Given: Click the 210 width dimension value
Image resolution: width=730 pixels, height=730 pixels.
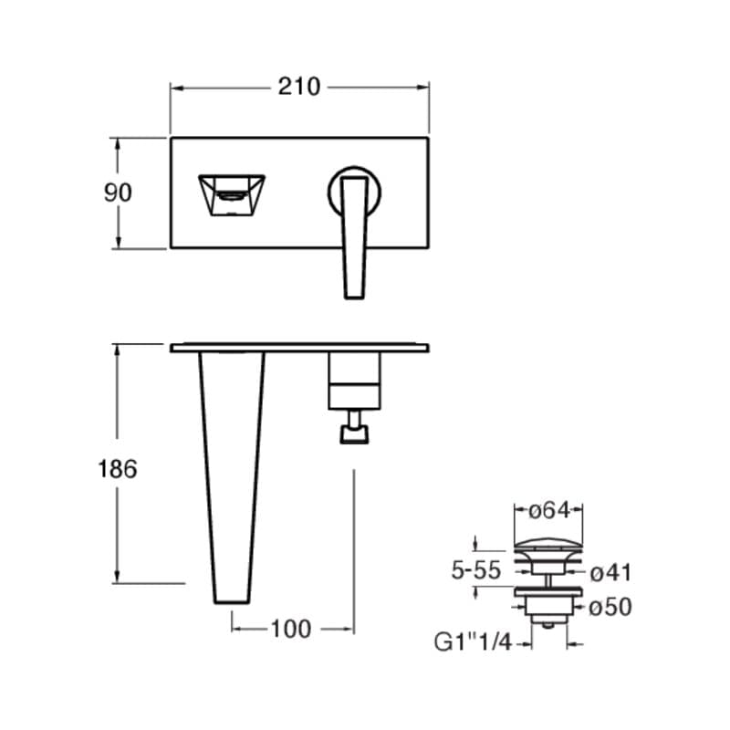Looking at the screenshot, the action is (299, 87).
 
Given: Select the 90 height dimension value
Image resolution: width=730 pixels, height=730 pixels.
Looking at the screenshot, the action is (118, 193).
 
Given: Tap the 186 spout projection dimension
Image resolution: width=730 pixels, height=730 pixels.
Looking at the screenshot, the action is (118, 469).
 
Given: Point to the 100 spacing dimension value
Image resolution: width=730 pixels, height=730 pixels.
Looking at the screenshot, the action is (291, 629).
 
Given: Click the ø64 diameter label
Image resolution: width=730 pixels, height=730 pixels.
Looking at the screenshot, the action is (549, 511).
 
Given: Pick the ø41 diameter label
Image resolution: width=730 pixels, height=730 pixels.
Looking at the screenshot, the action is (610, 573).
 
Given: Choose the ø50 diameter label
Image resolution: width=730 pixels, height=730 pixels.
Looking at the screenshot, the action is (610, 607).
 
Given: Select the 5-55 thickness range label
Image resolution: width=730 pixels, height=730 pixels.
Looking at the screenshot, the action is (475, 569).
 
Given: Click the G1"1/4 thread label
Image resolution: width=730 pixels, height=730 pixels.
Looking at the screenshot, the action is (473, 642).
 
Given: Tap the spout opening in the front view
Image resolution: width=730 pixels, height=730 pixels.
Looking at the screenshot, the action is (232, 195).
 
